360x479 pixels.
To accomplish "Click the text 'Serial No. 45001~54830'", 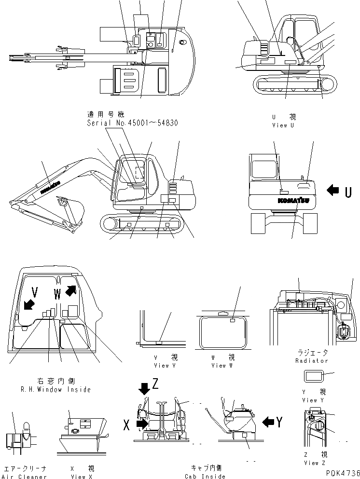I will pos(132,123).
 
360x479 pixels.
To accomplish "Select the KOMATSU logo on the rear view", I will pos(293,200).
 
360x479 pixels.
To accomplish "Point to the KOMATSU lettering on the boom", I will pos(50,187).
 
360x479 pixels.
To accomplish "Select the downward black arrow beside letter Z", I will pos(144,387).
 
